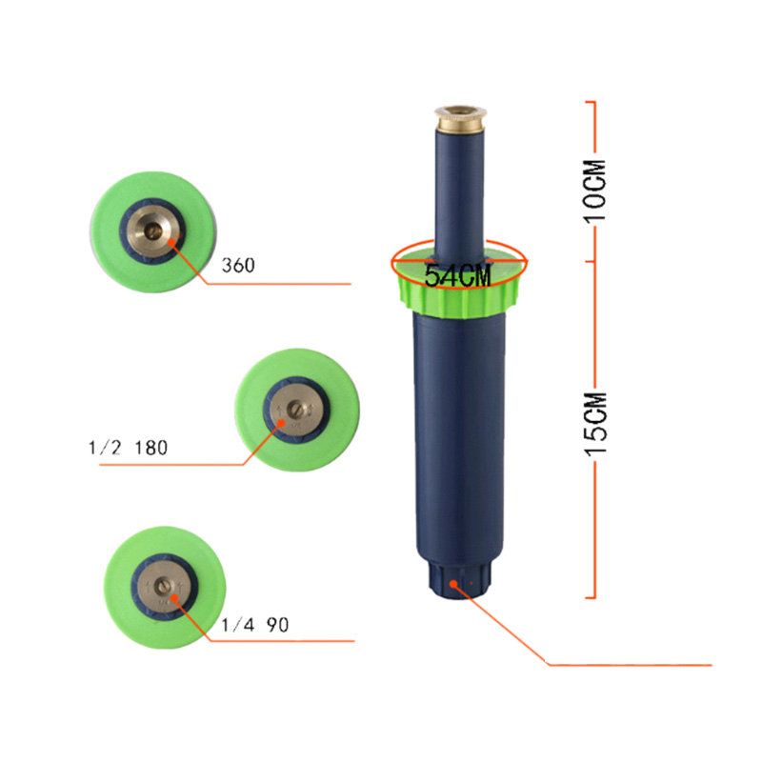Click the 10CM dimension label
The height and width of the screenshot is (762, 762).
pyautogui.click(x=594, y=191)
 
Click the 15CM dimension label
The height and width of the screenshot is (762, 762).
pyautogui.click(x=594, y=424)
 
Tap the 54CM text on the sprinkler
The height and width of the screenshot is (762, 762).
pyautogui.click(x=458, y=275)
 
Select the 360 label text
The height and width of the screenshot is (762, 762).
pyautogui.click(x=238, y=266)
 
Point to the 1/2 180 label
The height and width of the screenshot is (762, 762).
pyautogui.click(x=129, y=448)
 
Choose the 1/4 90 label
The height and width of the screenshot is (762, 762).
pyautogui.click(x=255, y=625)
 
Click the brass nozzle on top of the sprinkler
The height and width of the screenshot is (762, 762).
pyautogui.click(x=460, y=118)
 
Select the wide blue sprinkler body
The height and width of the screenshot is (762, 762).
pyautogui.click(x=459, y=437)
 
